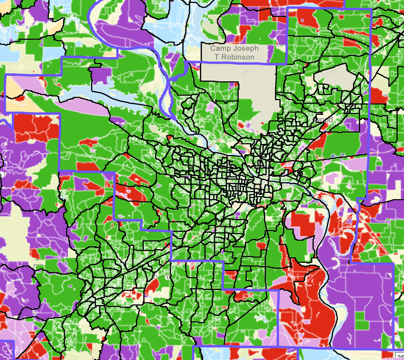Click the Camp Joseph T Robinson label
(x=234, y=53)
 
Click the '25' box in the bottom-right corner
(x=400, y=356)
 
